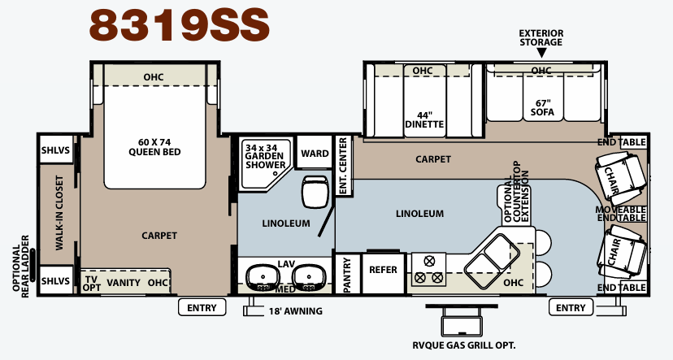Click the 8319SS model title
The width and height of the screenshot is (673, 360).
(180, 25)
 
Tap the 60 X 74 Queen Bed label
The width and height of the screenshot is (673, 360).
(154, 147)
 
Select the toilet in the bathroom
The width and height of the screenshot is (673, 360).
(315, 192)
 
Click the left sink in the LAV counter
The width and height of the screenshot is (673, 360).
(263, 278)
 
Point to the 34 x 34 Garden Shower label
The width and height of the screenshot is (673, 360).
(265, 156)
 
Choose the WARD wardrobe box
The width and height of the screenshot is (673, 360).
(315, 153)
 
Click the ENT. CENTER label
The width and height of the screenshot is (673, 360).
(343, 166)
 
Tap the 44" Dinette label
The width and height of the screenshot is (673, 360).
(424, 119)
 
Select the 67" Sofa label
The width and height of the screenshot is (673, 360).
(542, 108)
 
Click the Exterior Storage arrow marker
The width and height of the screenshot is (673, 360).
(541, 53)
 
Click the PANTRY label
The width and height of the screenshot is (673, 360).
(347, 275)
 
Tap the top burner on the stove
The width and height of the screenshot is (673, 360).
(428, 261)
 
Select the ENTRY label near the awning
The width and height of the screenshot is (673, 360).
(202, 308)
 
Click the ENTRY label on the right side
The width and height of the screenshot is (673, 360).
(571, 308)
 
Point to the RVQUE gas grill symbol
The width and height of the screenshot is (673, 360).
(462, 320)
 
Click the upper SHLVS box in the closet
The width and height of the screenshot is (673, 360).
(56, 150)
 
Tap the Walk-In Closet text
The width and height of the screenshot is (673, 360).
(59, 212)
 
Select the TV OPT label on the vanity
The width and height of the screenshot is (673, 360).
(91, 284)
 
